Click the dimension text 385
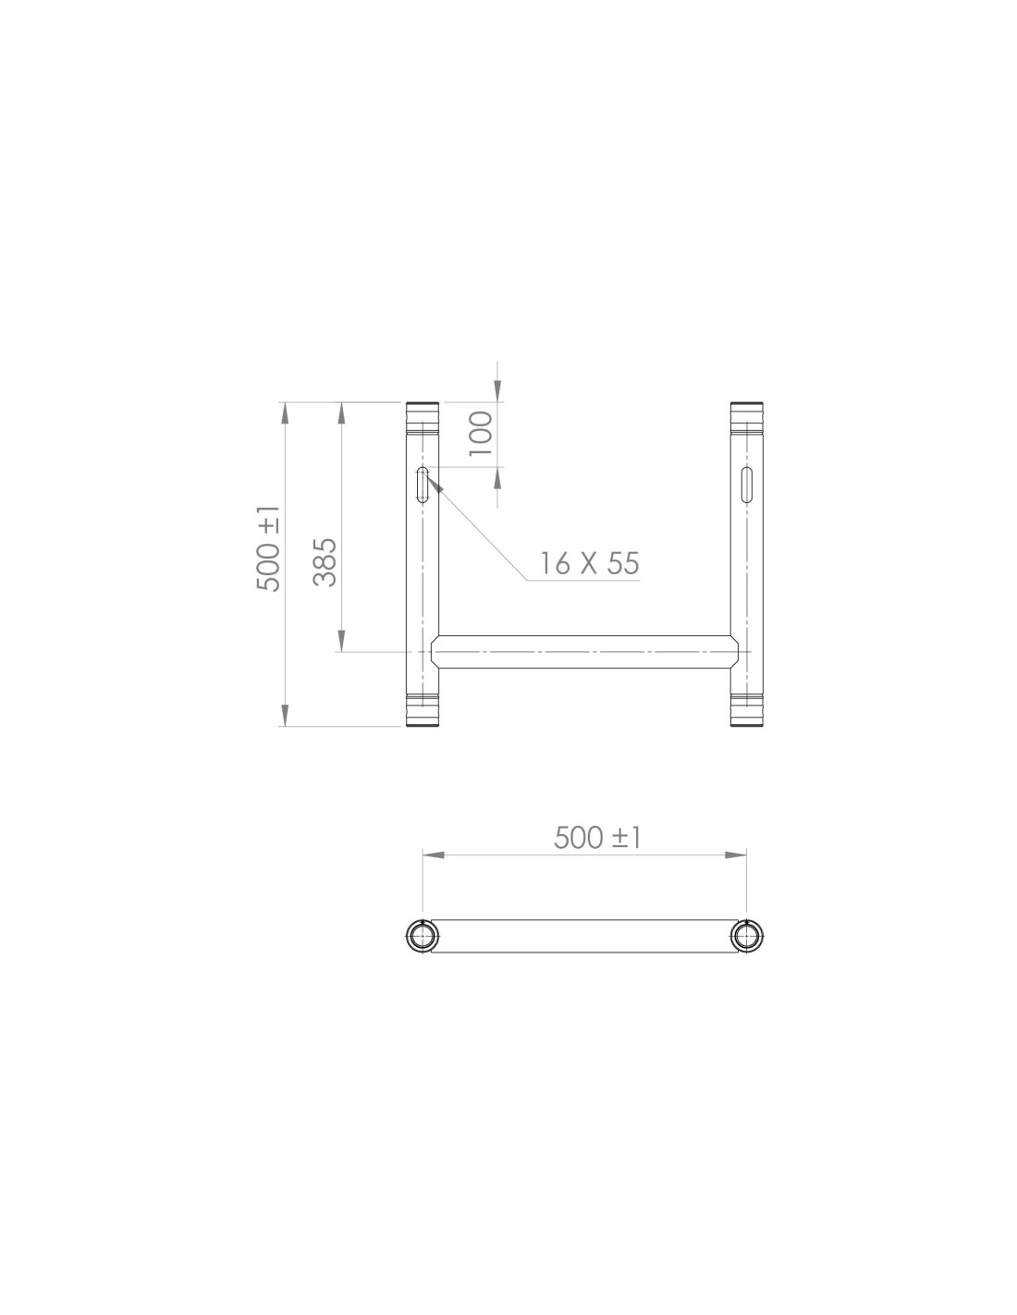[x=325, y=562]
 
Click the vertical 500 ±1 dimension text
[x=269, y=549]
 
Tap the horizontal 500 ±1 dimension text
[x=596, y=838]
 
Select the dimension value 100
[x=481, y=434]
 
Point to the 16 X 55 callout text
[x=589, y=563]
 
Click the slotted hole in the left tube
[x=423, y=485]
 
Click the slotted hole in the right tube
[x=747, y=485]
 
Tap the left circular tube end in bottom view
[x=423, y=936]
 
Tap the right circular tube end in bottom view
[x=747, y=936]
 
